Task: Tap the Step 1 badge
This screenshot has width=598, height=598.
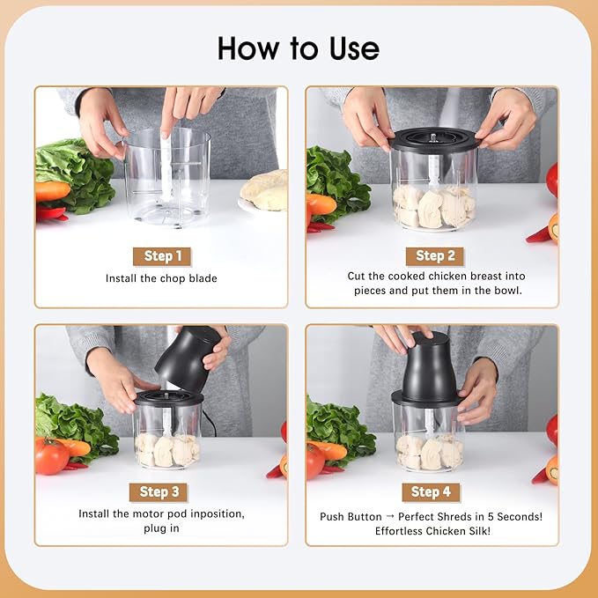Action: (x=162, y=256)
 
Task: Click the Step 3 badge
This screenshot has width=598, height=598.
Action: (x=159, y=491)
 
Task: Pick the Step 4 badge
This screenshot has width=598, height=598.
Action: (x=431, y=491)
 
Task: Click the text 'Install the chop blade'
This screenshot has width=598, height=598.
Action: (x=161, y=279)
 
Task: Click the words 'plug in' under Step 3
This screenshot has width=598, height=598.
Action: (x=161, y=528)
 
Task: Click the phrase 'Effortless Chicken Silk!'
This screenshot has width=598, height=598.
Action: (x=432, y=531)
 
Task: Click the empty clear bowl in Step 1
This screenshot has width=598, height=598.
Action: (x=167, y=176)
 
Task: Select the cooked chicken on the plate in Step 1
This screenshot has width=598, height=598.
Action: (x=266, y=190)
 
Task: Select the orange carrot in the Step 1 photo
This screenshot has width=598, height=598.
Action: (x=52, y=191)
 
